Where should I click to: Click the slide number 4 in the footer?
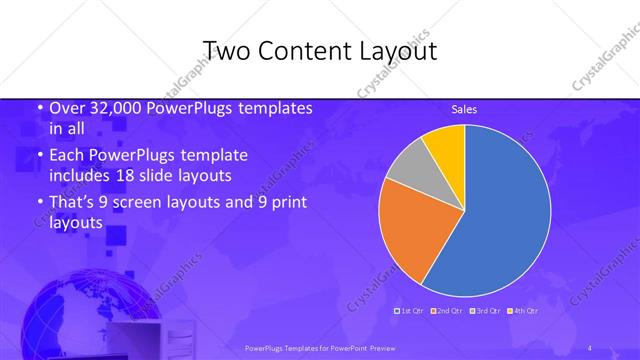tap(590, 347)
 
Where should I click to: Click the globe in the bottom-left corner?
tap(70, 315)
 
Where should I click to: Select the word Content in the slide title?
tap(300, 51)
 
